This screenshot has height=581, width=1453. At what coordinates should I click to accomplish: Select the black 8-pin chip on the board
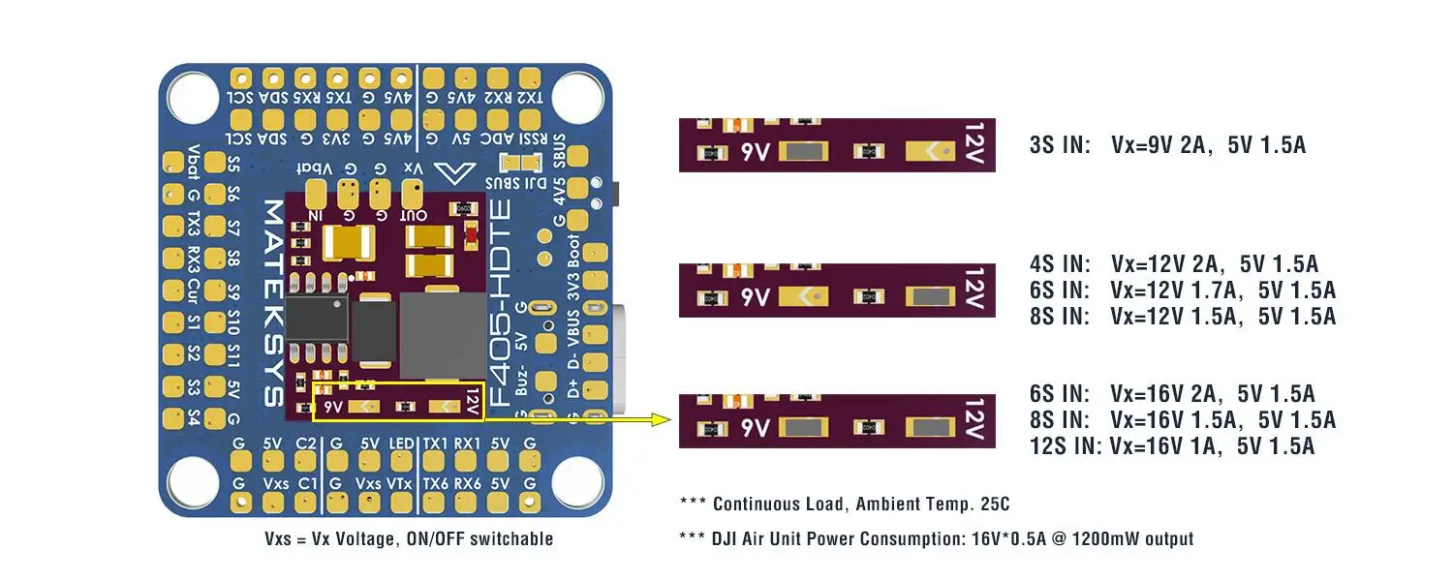[x=318, y=318]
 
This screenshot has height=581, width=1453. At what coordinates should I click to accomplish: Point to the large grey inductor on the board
[x=443, y=335]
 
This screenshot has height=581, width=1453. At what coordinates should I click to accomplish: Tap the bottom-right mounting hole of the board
[x=577, y=481]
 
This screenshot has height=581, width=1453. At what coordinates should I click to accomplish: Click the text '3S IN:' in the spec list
[x=1061, y=145]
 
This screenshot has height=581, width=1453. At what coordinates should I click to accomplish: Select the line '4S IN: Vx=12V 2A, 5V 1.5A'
[x=1174, y=263]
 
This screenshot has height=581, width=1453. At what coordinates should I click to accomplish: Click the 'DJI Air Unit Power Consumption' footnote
[x=937, y=538]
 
